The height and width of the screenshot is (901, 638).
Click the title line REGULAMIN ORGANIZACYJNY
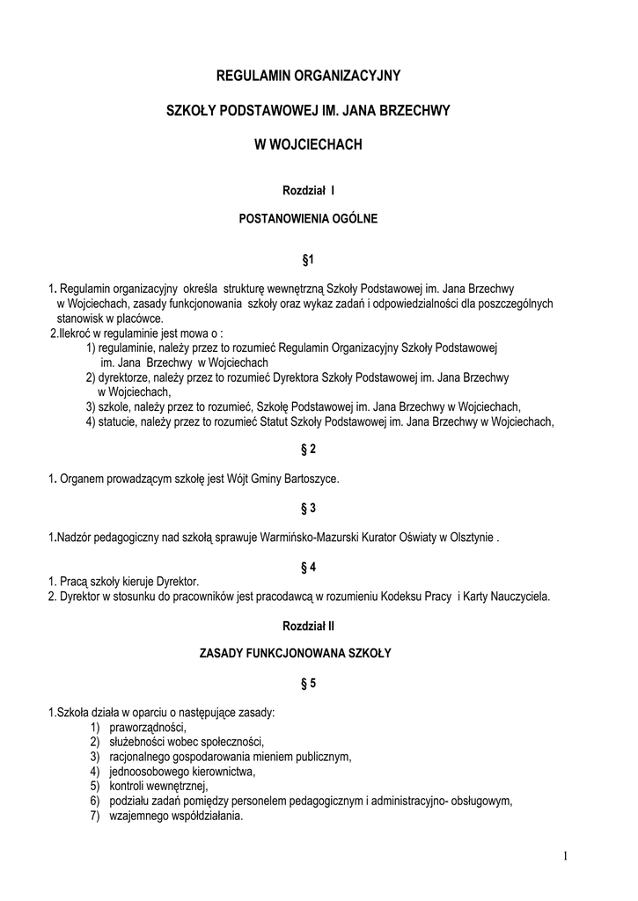coord(308,77)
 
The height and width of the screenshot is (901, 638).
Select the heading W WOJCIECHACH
coord(308,144)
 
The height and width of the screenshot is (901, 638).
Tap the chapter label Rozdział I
coord(308,190)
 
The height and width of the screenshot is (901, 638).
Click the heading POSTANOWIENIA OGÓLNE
coord(308,219)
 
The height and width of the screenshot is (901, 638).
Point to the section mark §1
coord(308,260)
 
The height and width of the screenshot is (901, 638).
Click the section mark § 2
coord(308,450)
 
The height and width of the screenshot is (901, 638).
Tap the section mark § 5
coord(308,682)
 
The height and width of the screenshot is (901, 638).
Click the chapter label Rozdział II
coord(308,626)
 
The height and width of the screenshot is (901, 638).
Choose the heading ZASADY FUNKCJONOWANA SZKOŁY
coord(308,654)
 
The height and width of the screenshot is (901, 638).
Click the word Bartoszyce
coord(307,479)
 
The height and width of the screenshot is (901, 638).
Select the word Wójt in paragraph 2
coord(230,479)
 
